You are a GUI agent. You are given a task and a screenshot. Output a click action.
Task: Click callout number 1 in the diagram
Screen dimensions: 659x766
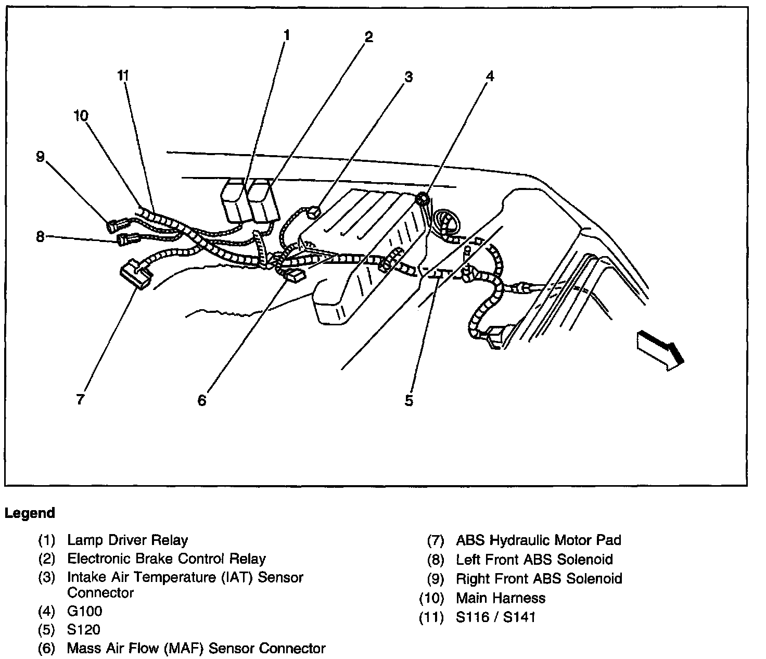(286, 35)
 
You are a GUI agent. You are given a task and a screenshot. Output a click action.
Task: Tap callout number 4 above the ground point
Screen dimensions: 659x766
(489, 77)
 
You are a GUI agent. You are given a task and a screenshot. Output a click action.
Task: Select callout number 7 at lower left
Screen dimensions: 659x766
(80, 400)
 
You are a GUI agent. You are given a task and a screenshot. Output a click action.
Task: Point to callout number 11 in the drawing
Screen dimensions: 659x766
(123, 76)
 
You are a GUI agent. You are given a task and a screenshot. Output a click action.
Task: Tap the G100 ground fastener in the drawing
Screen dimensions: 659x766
(422, 198)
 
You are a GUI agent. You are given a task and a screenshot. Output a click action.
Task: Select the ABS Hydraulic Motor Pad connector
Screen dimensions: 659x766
(135, 275)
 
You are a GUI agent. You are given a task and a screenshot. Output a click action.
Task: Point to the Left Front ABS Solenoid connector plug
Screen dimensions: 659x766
(127, 239)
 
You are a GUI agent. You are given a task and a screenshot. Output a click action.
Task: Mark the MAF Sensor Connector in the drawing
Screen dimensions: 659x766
(295, 275)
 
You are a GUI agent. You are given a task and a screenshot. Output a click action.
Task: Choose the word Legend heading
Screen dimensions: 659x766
(30, 513)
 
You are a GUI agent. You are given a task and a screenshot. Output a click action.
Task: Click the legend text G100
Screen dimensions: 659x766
(85, 611)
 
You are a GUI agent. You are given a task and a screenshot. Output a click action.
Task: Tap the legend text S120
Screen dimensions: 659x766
(84, 630)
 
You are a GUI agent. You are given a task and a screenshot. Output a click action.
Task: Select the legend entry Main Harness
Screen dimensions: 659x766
(501, 598)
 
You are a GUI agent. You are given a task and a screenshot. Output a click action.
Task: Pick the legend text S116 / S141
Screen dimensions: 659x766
(495, 617)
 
